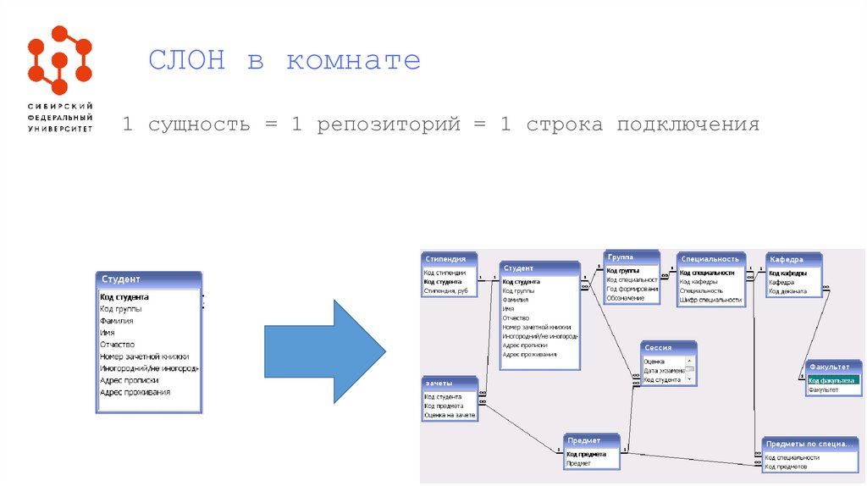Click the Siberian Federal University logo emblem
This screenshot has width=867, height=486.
click(x=59, y=60)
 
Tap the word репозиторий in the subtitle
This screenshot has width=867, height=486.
click(x=389, y=125)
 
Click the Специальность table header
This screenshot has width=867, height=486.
click(x=710, y=259)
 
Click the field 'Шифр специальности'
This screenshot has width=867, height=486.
click(x=710, y=300)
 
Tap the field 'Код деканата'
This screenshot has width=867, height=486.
click(x=787, y=291)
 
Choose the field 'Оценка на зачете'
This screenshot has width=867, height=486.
click(x=449, y=415)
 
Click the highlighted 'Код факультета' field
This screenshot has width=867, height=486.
click(x=831, y=380)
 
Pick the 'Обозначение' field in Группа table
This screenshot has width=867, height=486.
click(x=626, y=298)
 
